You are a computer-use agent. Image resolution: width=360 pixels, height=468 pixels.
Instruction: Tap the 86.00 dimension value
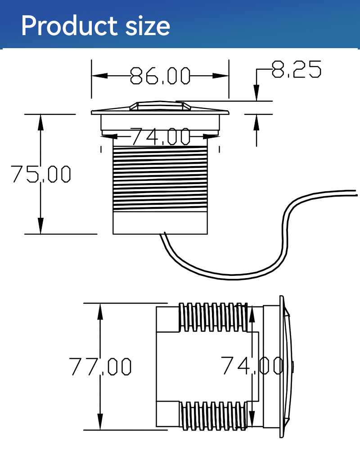[160, 76]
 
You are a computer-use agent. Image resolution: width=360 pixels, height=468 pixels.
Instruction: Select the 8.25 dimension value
[297, 69]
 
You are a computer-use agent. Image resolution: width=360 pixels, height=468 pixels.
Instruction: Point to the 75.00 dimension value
[41, 174]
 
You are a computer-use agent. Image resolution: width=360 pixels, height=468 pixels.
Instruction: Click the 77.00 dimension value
[100, 366]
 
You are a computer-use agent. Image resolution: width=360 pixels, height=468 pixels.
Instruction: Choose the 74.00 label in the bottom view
[252, 365]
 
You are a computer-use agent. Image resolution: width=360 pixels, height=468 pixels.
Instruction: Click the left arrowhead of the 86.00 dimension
[99, 76]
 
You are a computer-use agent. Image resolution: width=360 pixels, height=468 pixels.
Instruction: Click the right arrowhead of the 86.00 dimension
[220, 76]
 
